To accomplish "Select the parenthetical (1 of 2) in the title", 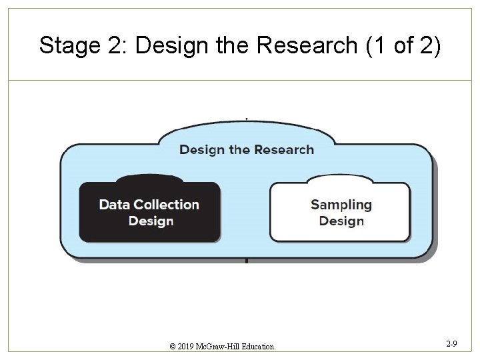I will point(403,46).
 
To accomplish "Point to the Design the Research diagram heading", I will point(246,149).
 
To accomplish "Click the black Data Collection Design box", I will point(149,212).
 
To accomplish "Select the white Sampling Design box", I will point(340,212).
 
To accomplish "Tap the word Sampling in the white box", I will point(341,205).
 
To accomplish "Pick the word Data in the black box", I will point(114,205).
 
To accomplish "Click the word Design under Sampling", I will point(341,221).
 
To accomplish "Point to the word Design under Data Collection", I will point(151,221).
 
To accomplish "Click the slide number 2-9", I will point(451,344).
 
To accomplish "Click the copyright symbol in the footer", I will point(173,347).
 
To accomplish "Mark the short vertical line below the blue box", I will point(247,261).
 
